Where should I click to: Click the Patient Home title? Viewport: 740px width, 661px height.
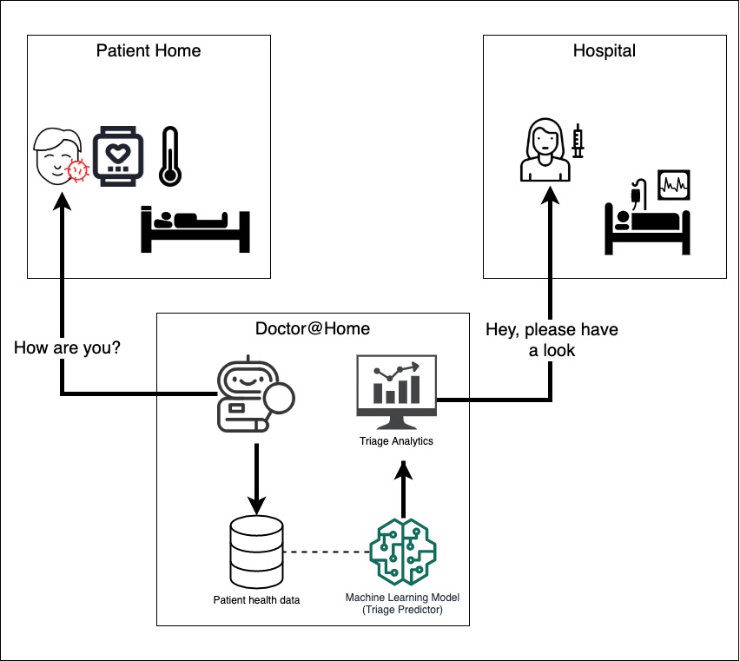[148, 50]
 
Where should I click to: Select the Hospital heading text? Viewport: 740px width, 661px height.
[604, 50]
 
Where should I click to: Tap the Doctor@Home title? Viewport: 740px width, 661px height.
[312, 328]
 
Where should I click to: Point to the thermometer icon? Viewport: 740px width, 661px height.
[169, 156]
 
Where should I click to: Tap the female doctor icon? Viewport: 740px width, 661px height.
[545, 153]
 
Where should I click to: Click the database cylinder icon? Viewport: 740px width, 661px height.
[256, 551]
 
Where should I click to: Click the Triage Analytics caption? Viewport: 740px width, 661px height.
[396, 441]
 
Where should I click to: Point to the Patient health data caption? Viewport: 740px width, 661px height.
[256, 599]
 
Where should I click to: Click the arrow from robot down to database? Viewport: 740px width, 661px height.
[256, 478]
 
